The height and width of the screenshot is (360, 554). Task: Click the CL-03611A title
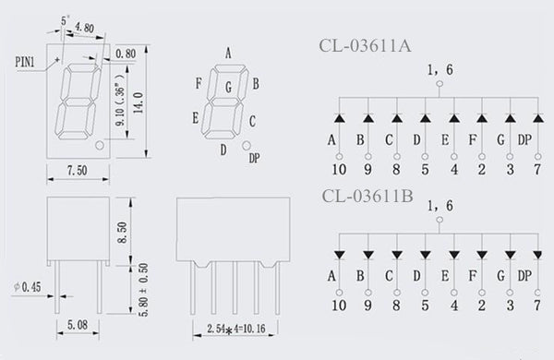pos(365,46)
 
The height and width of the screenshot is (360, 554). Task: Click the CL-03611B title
pos(367,196)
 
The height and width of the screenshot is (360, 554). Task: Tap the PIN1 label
pos(25,62)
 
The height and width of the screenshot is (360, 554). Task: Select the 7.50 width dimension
pos(78,171)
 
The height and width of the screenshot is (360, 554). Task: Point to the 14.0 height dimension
pos(138,102)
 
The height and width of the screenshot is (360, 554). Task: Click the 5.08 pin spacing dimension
pos(78,324)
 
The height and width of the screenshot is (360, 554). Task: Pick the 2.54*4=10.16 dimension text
pos(236,330)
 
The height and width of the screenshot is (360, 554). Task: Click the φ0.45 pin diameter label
pos(28,287)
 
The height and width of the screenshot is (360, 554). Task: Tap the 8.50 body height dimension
pos(122,233)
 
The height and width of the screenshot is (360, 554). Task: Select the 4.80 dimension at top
pos(84,28)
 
